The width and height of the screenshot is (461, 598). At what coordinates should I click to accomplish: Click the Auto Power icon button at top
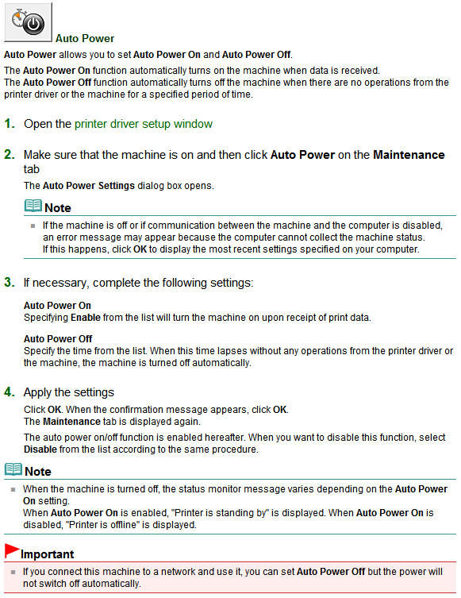point(29,22)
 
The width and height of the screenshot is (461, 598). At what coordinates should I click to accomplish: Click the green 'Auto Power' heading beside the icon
point(85,38)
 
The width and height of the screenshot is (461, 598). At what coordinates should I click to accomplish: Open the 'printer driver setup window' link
point(144,124)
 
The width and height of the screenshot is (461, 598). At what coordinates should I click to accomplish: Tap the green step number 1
point(10,124)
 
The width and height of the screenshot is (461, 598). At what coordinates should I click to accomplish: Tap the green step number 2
point(10,155)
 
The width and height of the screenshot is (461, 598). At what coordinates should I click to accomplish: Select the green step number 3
point(10,283)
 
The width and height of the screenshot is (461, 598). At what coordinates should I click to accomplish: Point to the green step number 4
point(10,392)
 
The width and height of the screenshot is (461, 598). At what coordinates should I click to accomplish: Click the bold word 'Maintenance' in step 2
point(409,155)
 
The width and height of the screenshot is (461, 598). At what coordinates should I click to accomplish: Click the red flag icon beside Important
point(11,550)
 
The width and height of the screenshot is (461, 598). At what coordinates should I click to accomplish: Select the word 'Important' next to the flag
point(47,554)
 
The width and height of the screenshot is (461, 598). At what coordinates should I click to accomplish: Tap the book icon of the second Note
point(13,470)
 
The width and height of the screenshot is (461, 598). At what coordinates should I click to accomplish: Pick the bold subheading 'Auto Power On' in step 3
point(57,306)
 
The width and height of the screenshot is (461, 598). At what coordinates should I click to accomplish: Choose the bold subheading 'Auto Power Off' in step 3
point(57,339)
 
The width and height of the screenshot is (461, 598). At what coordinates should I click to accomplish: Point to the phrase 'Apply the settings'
point(68,392)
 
